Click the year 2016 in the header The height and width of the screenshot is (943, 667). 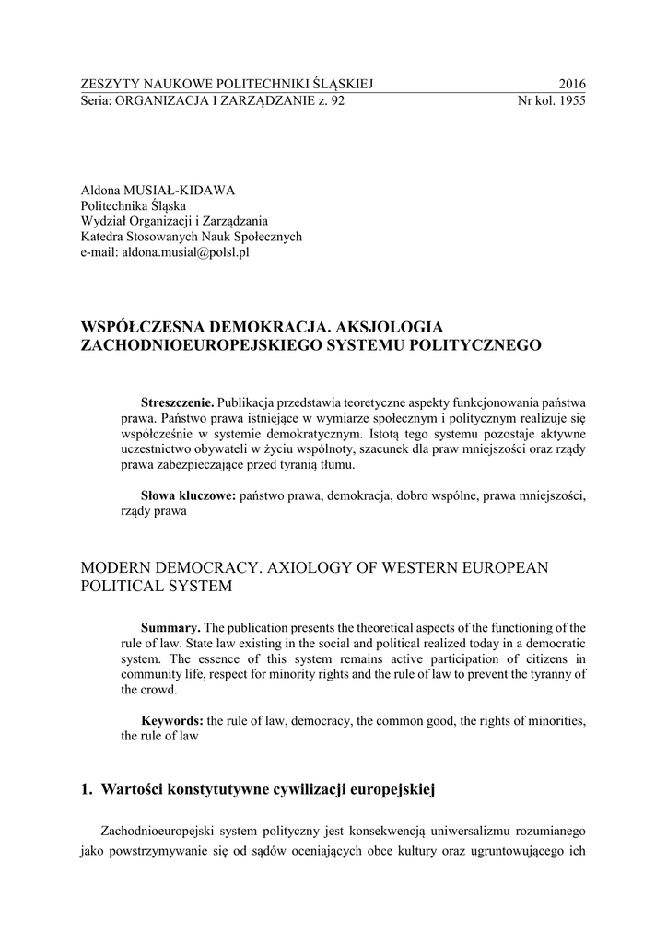click(571, 85)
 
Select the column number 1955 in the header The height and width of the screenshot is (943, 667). click(569, 101)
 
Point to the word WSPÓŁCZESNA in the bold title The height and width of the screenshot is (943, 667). click(140, 327)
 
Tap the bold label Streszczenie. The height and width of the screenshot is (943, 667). click(177, 402)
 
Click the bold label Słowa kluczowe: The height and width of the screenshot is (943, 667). click(188, 495)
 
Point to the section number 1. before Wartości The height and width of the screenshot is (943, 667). click(88, 789)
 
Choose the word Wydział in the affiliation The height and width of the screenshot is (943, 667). click(104, 220)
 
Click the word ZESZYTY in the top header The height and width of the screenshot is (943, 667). click(109, 85)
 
